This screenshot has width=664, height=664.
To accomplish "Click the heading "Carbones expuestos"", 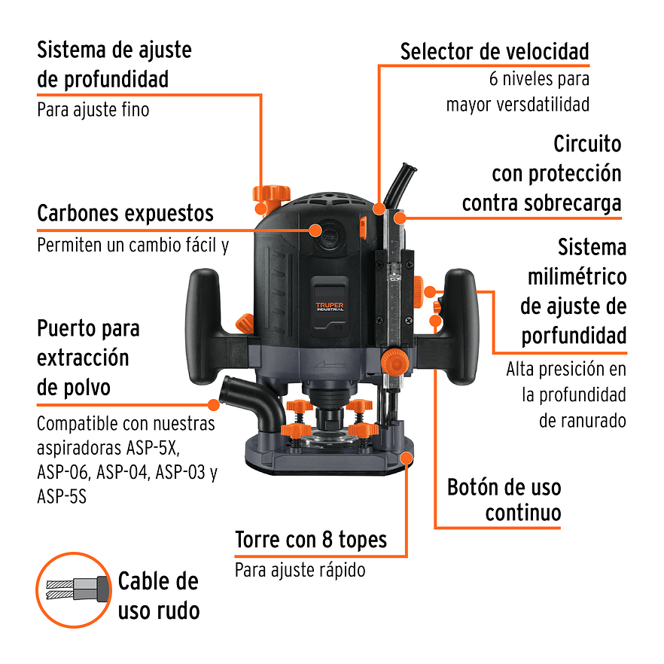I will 126,214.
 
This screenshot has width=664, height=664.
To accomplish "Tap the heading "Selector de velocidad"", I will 494,52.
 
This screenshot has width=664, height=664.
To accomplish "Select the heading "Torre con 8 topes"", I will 311,540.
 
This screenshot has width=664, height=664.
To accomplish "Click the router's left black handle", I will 206,324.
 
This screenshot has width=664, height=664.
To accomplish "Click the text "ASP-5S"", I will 61,497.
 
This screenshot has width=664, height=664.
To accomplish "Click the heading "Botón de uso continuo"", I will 504,500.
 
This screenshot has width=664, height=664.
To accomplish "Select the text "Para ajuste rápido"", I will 300,570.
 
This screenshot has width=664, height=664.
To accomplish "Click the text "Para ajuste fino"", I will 93,110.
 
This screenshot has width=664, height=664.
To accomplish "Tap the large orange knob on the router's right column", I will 392,361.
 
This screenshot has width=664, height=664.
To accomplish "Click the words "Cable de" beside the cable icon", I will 158,581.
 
